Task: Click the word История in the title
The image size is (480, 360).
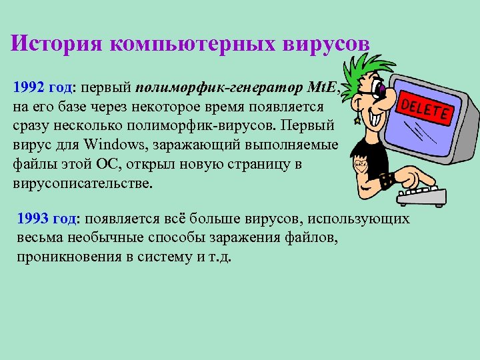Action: pos(57,43)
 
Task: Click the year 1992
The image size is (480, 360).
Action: pos(28,87)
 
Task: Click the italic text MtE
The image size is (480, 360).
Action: pos(323,87)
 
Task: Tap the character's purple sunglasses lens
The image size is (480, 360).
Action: pos(381,89)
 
